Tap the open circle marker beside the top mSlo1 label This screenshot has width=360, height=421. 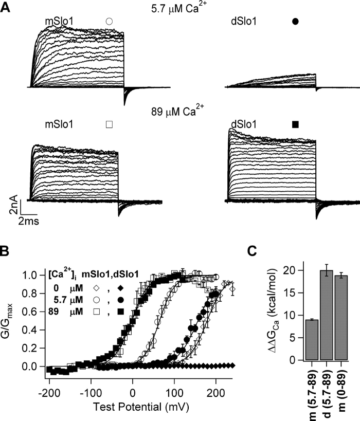pos(109,22)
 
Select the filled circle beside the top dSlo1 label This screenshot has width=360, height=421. pos(295,22)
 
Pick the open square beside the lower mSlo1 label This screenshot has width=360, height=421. pos(109,124)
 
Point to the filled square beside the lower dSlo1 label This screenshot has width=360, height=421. pos(295,124)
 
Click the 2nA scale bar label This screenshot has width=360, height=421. pos(16,207)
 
